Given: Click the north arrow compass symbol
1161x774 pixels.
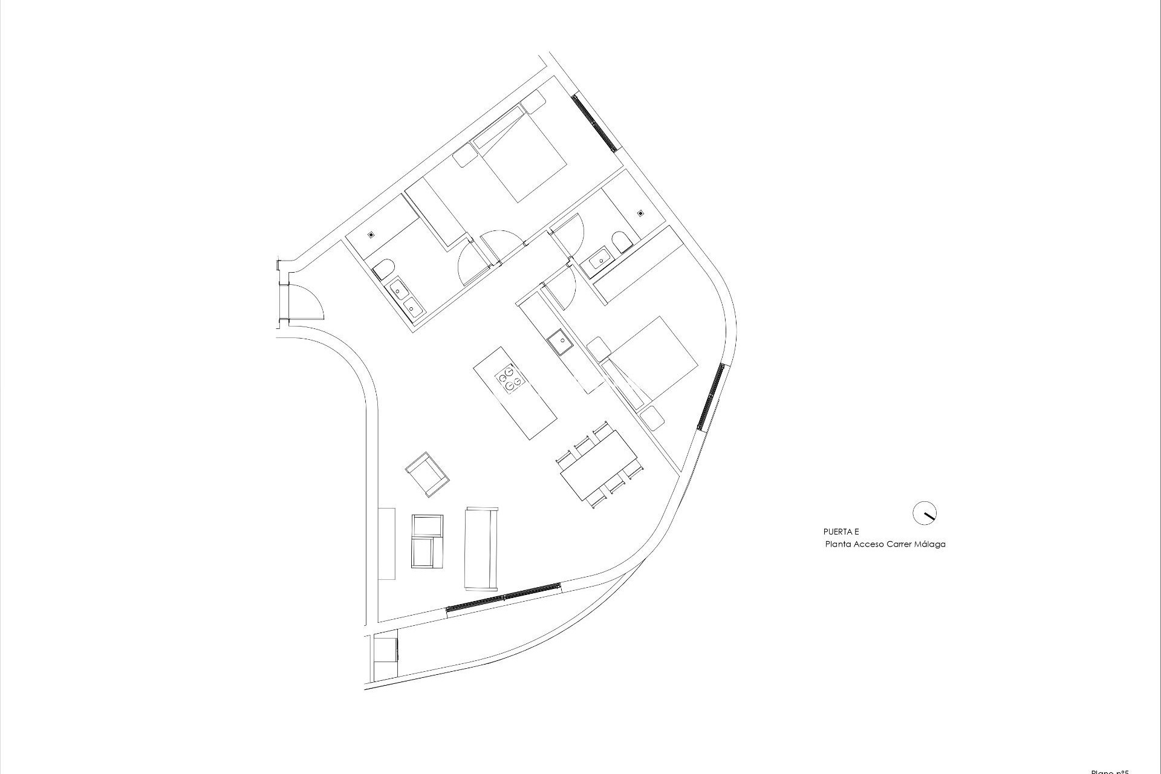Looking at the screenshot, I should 924,513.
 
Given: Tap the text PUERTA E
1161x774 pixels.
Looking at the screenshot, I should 841,532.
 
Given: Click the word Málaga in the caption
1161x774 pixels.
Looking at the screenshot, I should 931,544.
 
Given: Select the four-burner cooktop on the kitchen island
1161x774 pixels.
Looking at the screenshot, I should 509,379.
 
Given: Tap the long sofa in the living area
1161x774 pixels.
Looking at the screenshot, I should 481,548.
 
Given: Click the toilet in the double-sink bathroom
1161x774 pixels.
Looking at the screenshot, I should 383,268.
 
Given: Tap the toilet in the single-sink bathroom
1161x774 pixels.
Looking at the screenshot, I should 620,244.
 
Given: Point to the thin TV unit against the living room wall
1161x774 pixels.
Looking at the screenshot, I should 386,543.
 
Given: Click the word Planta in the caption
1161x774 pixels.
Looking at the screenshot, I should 839,544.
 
